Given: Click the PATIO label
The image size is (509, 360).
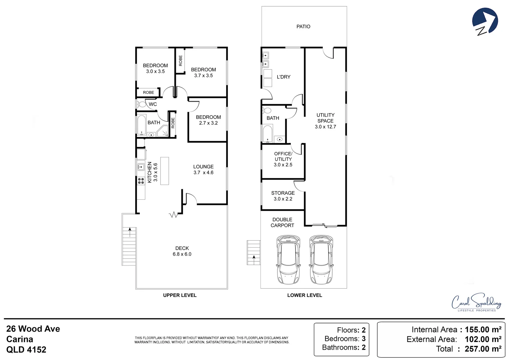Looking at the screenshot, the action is click(x=303, y=27).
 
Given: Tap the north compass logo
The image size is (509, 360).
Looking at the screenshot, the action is click(x=485, y=22).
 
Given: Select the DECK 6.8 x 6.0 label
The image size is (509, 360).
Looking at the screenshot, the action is click(x=182, y=251).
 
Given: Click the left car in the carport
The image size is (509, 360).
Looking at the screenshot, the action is click(x=288, y=259).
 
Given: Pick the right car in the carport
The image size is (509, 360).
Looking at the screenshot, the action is click(x=321, y=259).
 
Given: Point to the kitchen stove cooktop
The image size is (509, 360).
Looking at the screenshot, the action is click(x=141, y=181).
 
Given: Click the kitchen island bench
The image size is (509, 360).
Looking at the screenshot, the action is click(x=165, y=171).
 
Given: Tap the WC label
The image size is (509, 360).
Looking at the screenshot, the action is click(x=153, y=104).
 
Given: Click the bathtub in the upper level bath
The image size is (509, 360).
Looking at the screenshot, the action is click(x=142, y=125).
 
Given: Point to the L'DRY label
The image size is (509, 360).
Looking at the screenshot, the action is click(x=283, y=77).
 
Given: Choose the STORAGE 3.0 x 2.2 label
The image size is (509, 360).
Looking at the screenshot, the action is click(x=283, y=196).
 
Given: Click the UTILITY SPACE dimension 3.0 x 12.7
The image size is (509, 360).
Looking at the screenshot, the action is click(x=325, y=127).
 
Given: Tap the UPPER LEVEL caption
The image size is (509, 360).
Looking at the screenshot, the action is click(x=180, y=295).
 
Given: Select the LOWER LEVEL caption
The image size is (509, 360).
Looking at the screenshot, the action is click(x=304, y=295).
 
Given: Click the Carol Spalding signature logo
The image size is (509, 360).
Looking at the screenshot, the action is click(x=476, y=303).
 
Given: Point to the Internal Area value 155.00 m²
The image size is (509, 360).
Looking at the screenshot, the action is click(x=483, y=330).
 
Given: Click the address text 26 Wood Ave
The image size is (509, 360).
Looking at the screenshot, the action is click(x=33, y=329).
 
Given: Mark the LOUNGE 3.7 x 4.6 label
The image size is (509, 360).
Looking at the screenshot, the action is click(x=204, y=169).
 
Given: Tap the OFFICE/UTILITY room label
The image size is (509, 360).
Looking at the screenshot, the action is click(x=283, y=159).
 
